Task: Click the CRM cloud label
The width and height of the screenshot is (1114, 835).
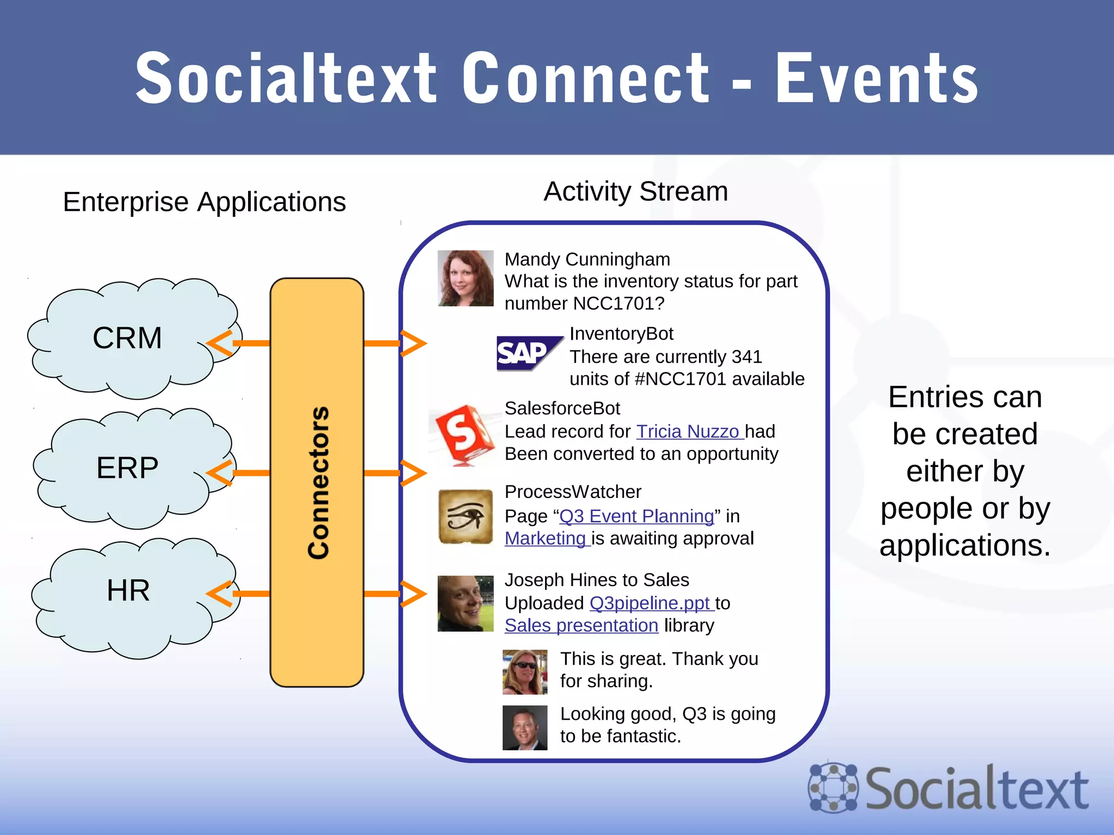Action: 127,338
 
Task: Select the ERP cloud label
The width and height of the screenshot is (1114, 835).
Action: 127,468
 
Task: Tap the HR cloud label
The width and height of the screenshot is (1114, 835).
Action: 128,590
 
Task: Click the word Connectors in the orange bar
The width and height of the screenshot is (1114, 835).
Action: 318,483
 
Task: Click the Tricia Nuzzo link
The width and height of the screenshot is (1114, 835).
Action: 689,431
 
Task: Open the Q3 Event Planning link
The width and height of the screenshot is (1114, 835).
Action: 636,516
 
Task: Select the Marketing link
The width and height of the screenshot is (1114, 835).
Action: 546,538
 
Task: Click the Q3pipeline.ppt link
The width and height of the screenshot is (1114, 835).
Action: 650,603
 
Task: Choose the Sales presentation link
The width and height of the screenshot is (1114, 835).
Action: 581,625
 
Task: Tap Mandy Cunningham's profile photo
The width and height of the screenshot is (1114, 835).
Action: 466,278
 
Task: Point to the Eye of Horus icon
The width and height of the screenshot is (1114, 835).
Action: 466,516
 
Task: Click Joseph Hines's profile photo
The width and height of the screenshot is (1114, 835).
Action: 466,603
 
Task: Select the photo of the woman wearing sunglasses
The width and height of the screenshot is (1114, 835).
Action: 525,672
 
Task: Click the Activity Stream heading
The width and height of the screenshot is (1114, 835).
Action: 636,191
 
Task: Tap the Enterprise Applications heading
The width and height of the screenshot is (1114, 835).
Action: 205,202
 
